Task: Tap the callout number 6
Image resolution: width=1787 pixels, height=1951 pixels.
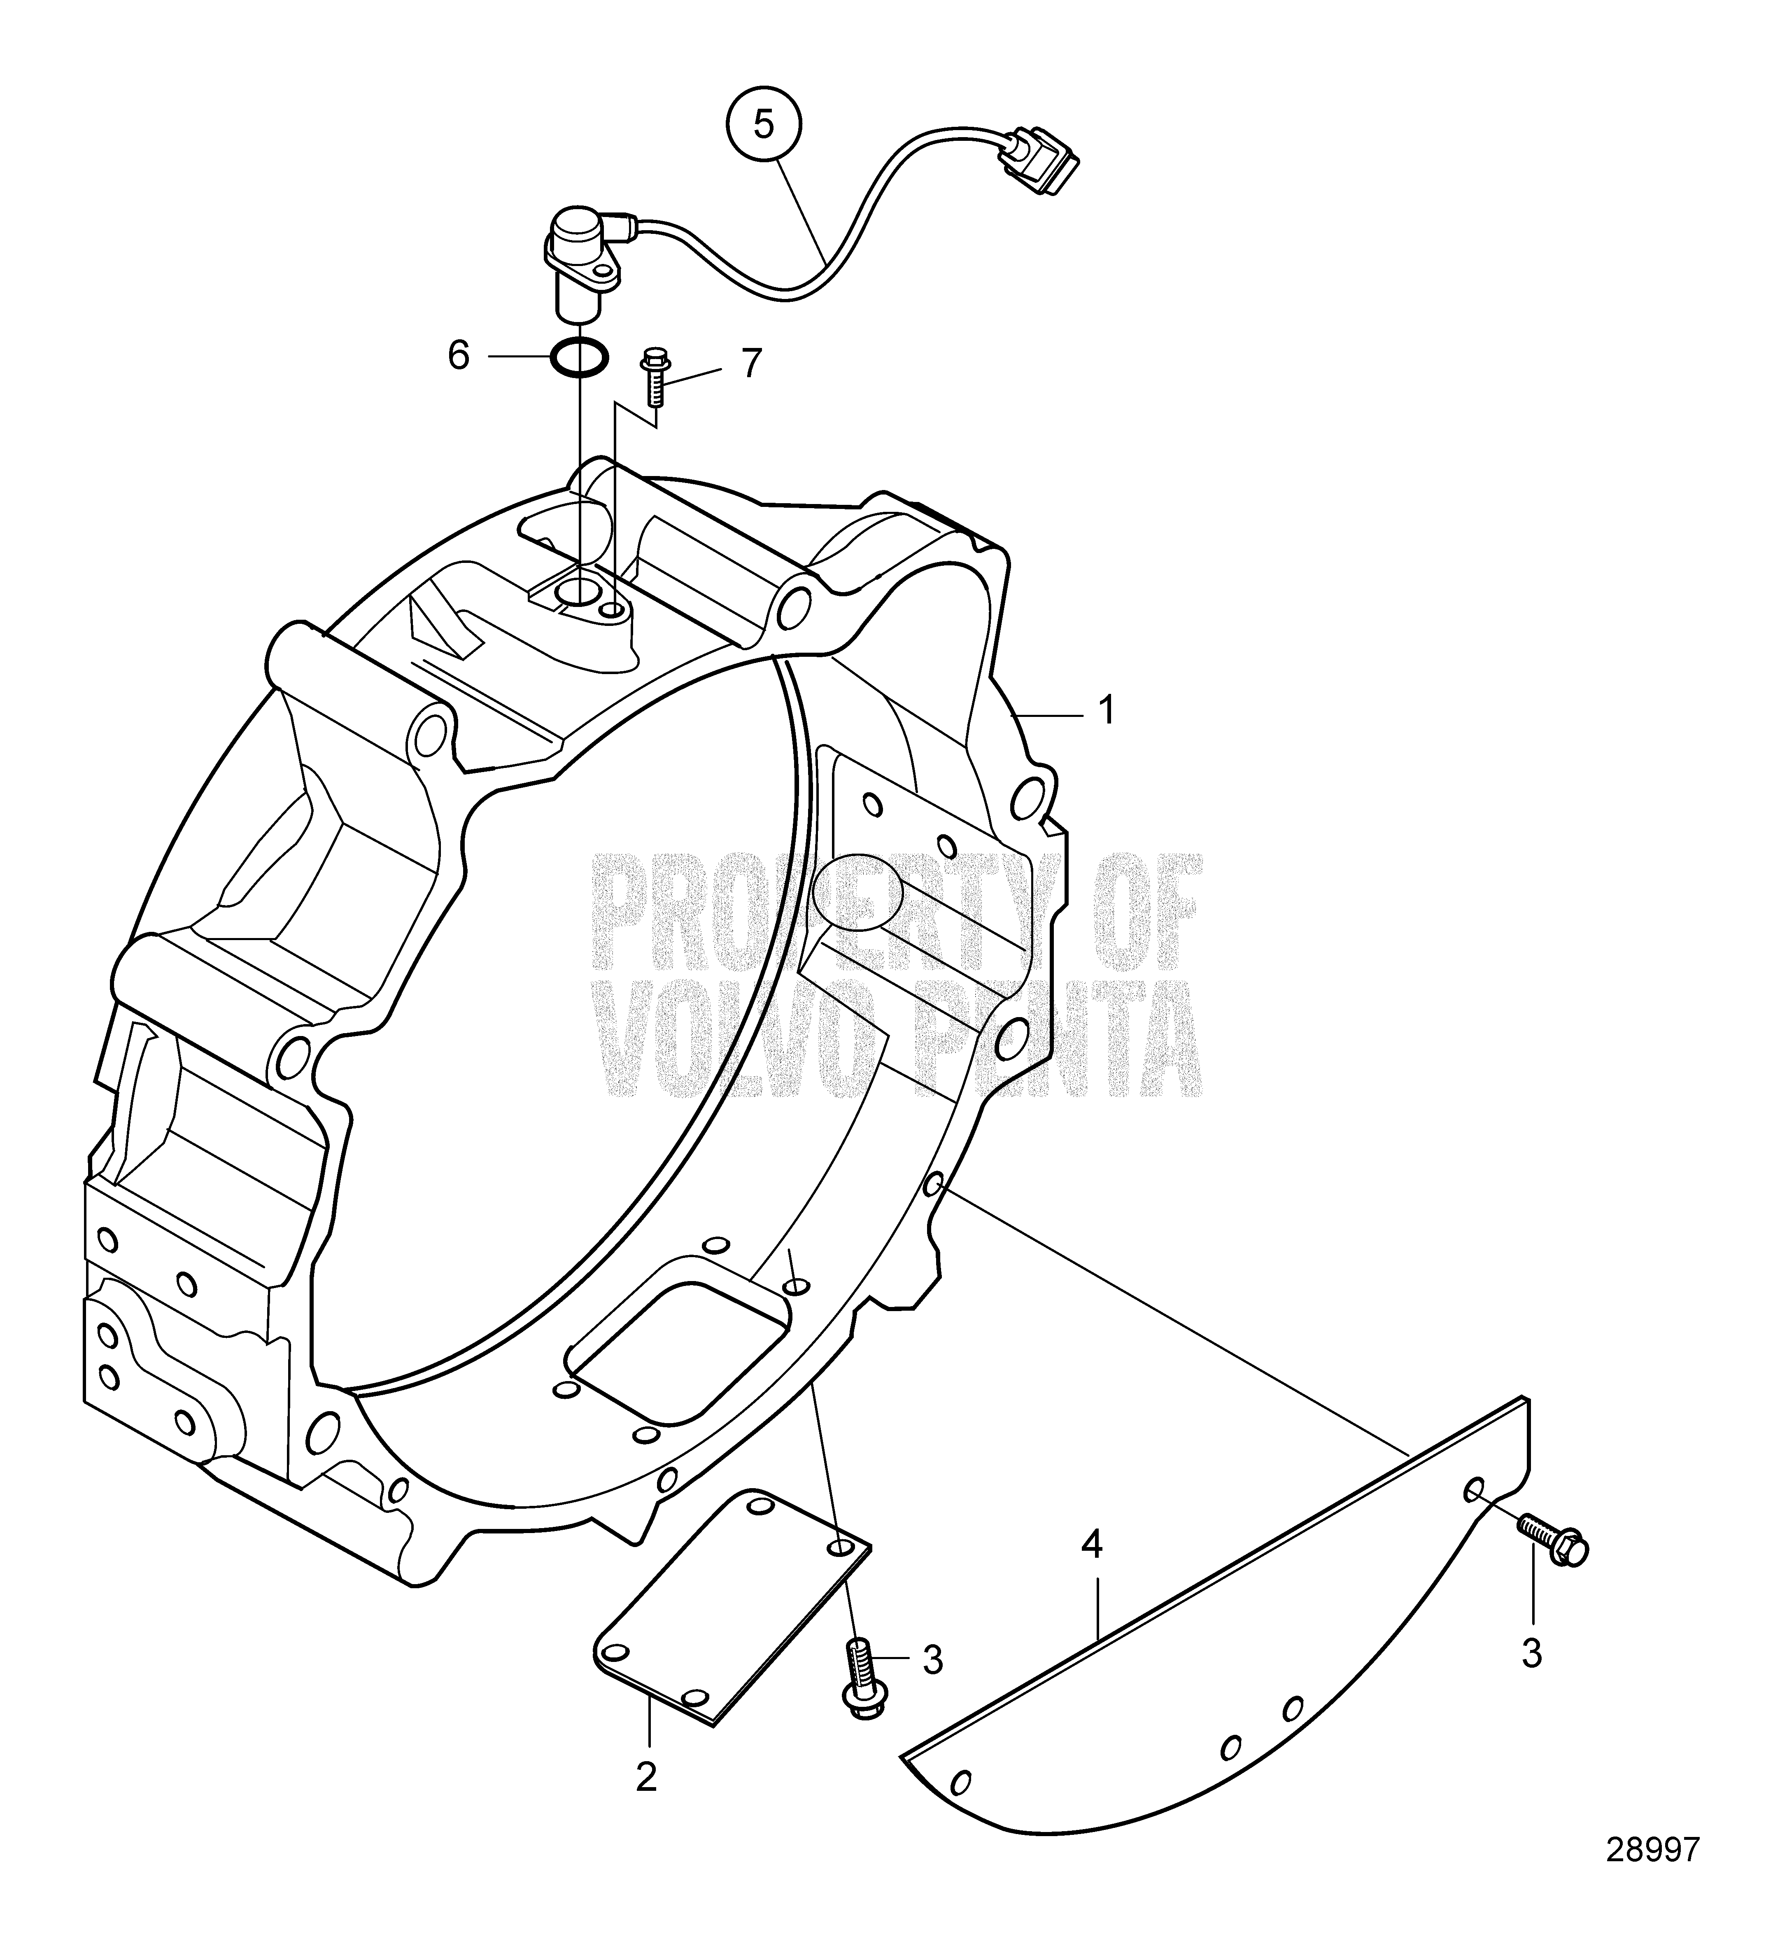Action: [459, 356]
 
